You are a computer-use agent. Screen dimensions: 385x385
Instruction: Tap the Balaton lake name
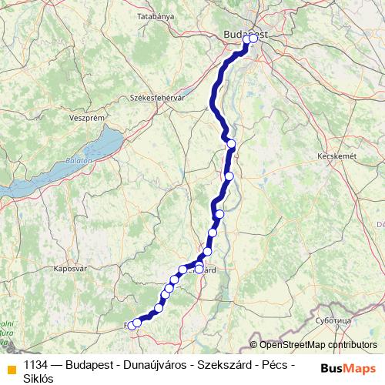[x=79, y=159]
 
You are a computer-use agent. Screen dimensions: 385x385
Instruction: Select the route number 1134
[x=36, y=365]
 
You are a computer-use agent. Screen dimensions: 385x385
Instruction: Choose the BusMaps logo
[x=349, y=368]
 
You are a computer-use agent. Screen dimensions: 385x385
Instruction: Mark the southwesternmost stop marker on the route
[x=132, y=326]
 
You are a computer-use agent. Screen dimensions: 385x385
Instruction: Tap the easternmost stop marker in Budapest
[x=253, y=38]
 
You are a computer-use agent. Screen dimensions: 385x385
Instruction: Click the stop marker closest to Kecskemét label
[x=229, y=176]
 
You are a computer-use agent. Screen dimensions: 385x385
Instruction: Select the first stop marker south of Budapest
[x=231, y=143]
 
